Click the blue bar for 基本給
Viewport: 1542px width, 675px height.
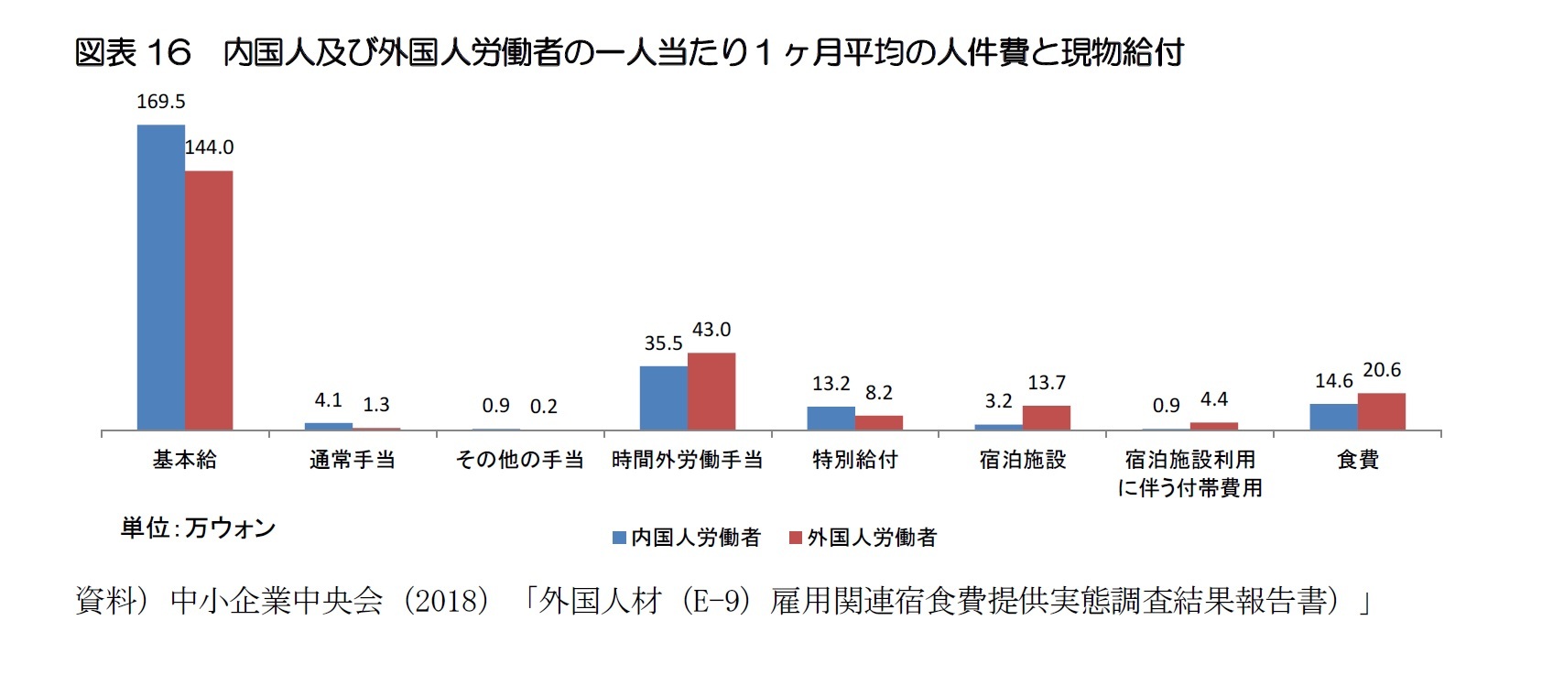click(x=161, y=277)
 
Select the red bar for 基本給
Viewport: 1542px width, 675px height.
click(x=209, y=300)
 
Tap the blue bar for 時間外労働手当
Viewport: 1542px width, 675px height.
click(x=664, y=397)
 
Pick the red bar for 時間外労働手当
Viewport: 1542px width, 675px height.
click(x=711, y=391)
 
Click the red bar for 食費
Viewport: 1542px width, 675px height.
click(x=1381, y=411)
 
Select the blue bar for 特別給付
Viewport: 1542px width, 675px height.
click(x=831, y=418)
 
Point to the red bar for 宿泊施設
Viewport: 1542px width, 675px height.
click(x=1046, y=418)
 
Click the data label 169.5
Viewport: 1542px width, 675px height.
click(x=160, y=102)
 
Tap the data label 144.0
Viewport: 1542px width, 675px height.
click(x=209, y=147)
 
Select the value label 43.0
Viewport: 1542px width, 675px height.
click(x=711, y=330)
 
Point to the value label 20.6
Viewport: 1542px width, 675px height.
click(x=1381, y=370)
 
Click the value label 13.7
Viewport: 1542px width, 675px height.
click(x=1046, y=383)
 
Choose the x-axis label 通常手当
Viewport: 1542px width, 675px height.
click(x=353, y=460)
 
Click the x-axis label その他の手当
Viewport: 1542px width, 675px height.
click(x=519, y=460)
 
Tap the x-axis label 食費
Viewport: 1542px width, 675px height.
click(x=1357, y=460)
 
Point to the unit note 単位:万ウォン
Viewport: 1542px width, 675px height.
click(x=198, y=528)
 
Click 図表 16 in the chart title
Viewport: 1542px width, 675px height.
click(x=133, y=53)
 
